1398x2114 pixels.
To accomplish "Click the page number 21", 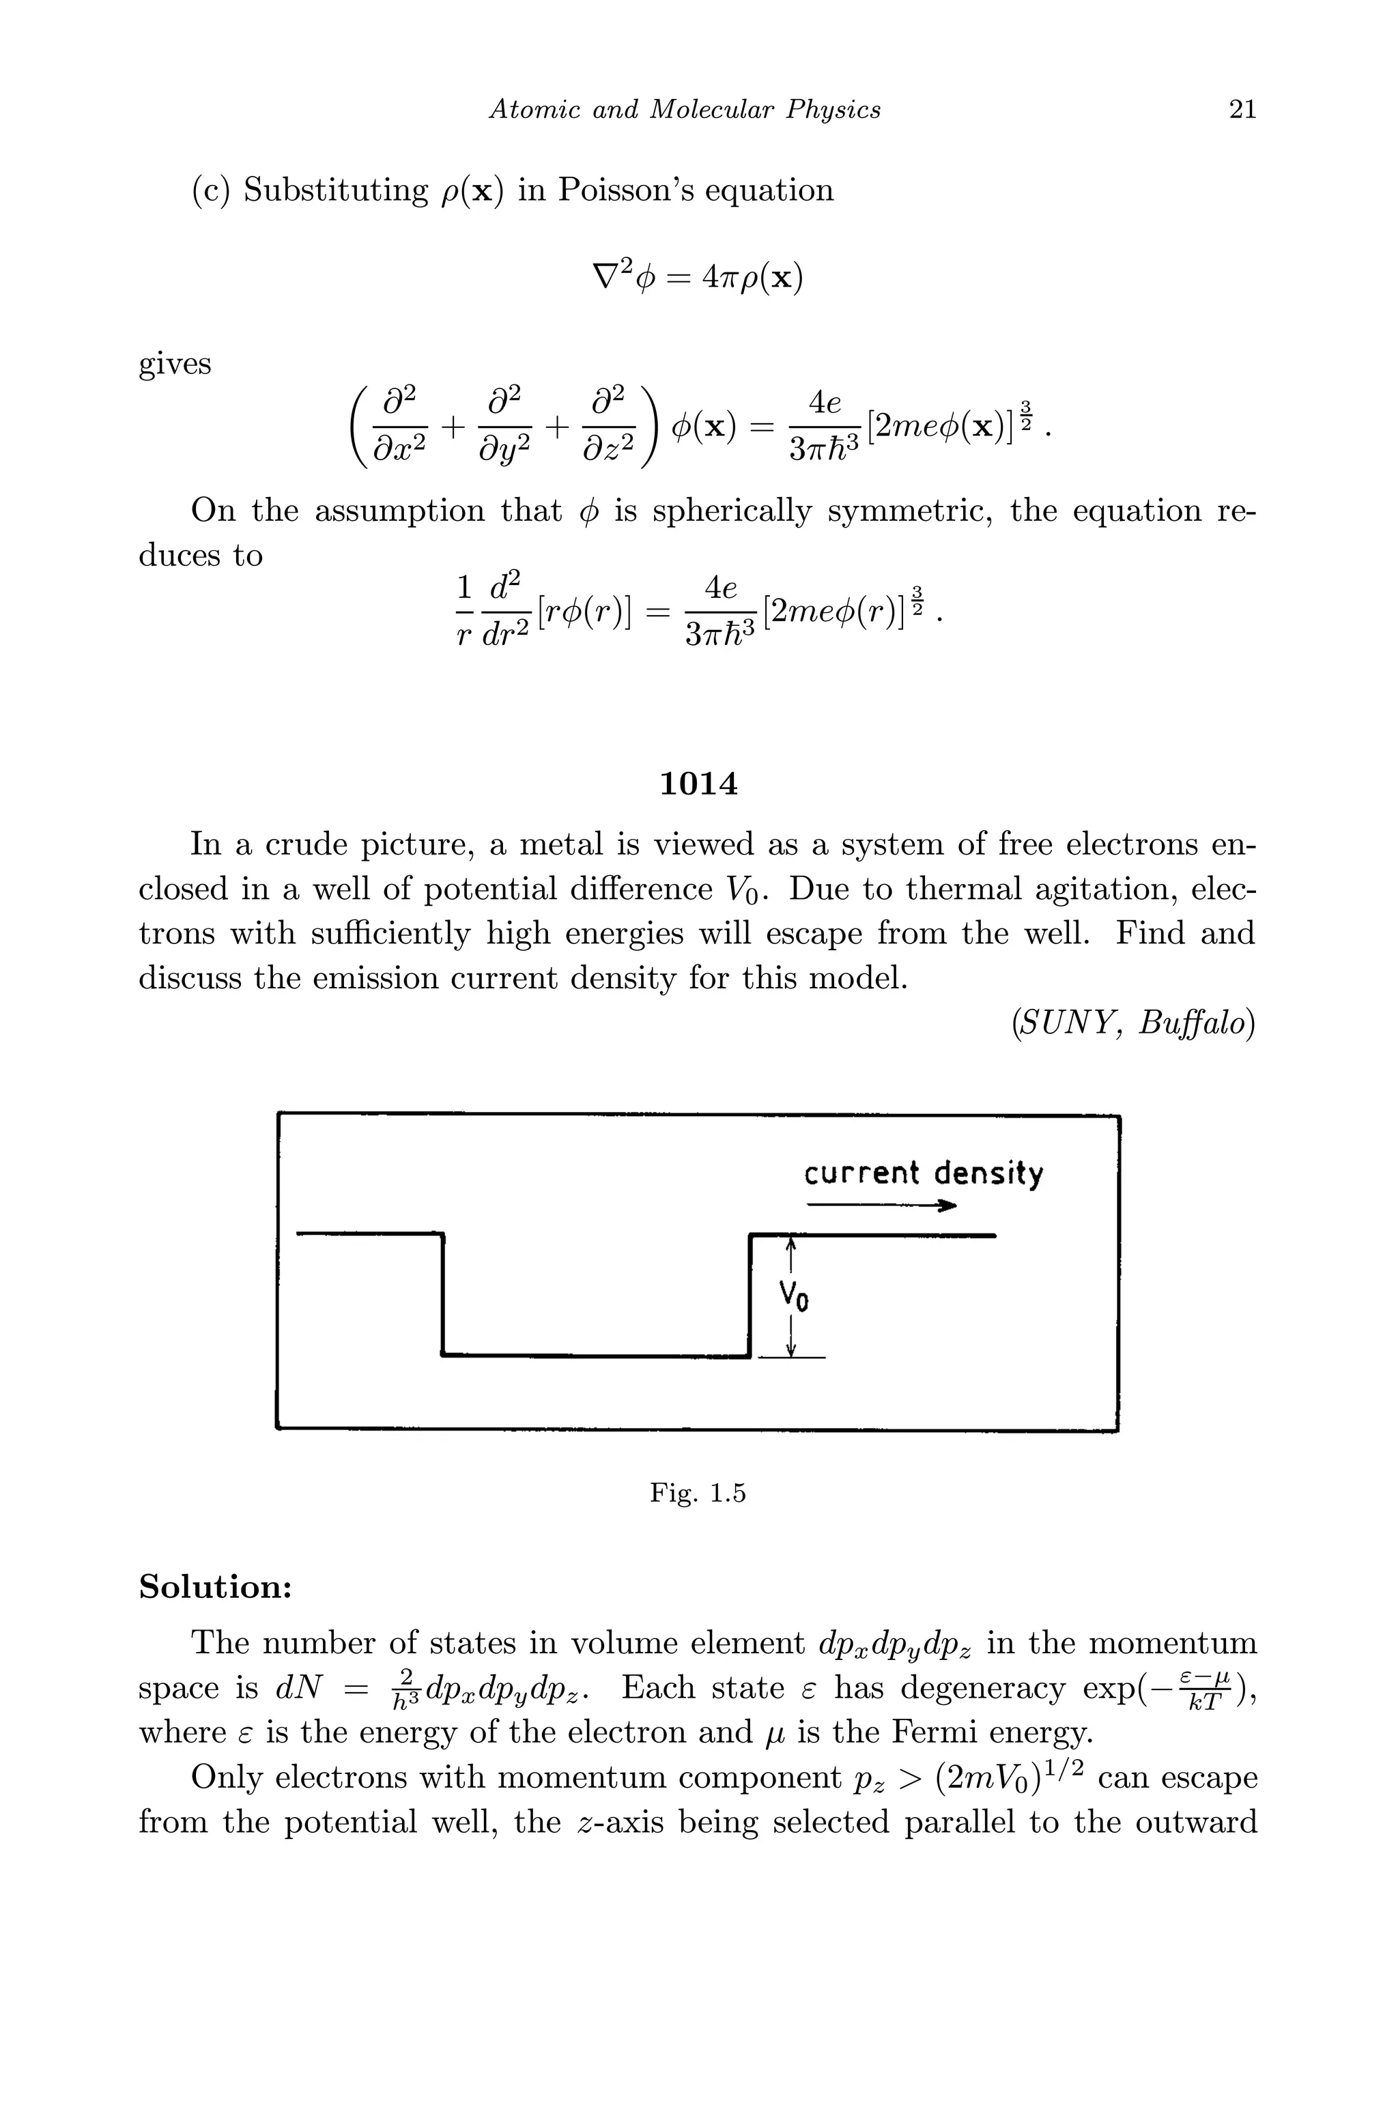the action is [1242, 110].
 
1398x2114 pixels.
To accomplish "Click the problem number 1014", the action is [699, 784].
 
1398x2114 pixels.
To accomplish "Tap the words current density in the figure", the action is [923, 1173].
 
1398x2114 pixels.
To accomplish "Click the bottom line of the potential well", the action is [595, 1356].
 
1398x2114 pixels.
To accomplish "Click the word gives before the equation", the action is [175, 364].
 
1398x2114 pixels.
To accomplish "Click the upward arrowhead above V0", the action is [790, 1247].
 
